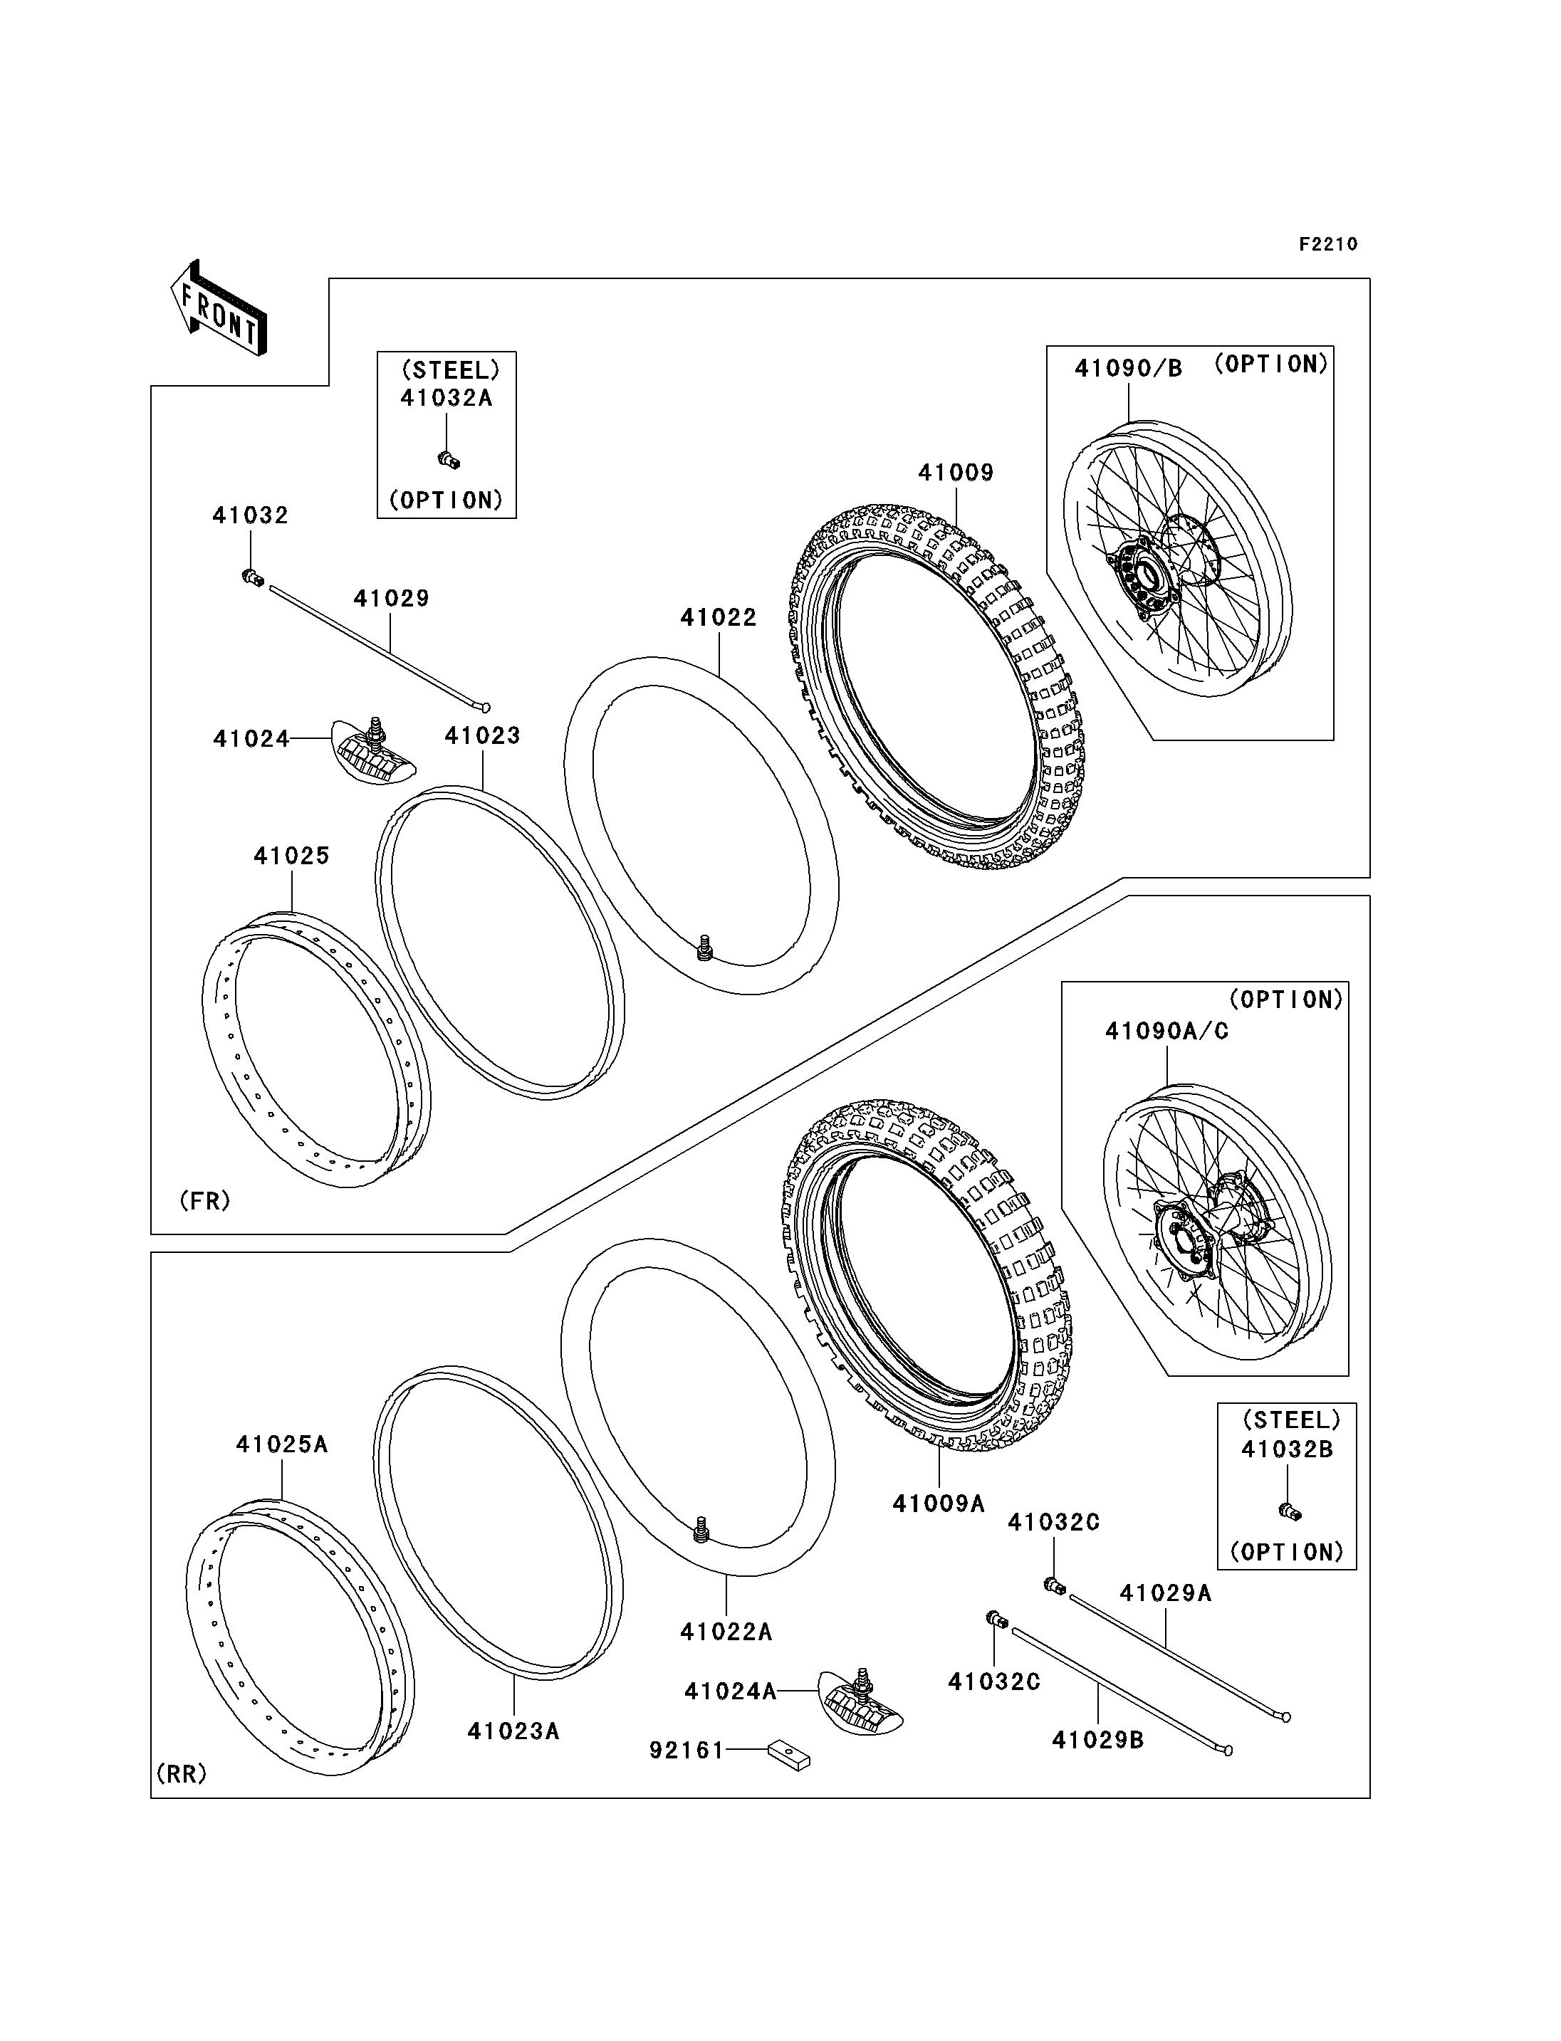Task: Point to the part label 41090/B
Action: coord(1128,369)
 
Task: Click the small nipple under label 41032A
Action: coord(449,459)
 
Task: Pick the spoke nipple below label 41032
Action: coord(249,578)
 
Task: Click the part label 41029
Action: coord(391,598)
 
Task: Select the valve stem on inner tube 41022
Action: coord(704,948)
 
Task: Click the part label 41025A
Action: coord(281,1444)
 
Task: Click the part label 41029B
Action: coord(1097,1740)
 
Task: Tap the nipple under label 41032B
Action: coord(1289,1512)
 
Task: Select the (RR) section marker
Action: coord(182,1773)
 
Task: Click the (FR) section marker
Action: coord(204,1201)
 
